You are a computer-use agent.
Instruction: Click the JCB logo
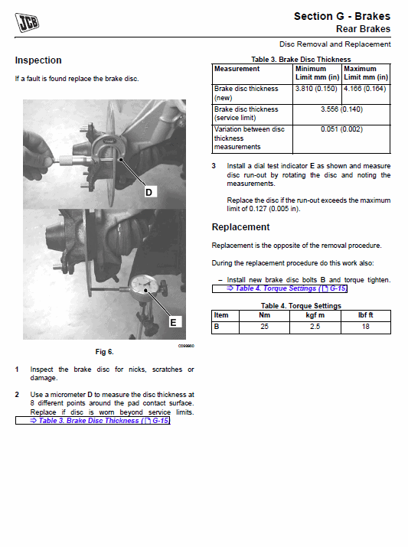(x=27, y=22)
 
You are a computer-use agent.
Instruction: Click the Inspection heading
(x=38, y=60)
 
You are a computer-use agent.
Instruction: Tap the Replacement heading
(x=241, y=227)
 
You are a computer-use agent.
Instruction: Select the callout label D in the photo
(x=149, y=192)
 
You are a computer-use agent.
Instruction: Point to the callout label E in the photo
(x=173, y=322)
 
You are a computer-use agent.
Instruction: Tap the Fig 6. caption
(x=104, y=352)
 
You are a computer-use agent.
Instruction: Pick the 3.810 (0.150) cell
(x=316, y=89)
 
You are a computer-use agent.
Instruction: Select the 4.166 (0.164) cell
(x=365, y=89)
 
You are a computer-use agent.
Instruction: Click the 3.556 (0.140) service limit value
(x=341, y=109)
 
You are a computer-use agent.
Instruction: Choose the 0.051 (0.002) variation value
(x=341, y=129)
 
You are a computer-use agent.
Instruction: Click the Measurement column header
(x=237, y=69)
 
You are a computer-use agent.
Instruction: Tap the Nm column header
(x=264, y=315)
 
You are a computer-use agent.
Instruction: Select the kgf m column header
(x=315, y=315)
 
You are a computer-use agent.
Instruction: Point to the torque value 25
(x=264, y=327)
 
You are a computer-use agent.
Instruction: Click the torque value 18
(x=365, y=327)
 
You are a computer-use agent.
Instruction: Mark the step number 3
(x=214, y=166)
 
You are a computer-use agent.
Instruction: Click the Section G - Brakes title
(x=342, y=16)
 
